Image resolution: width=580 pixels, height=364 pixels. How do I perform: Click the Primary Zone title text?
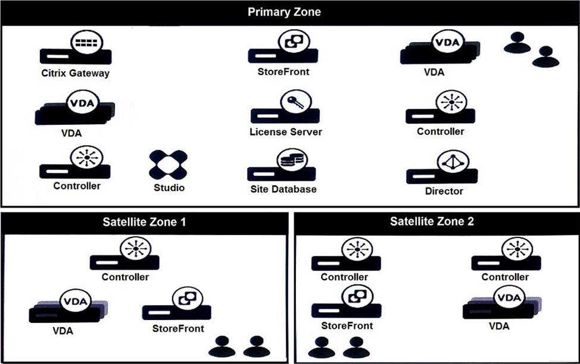[284, 12]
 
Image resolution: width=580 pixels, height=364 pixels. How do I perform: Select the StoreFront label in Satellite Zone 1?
[178, 328]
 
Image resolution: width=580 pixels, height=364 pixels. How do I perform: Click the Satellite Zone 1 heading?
[145, 222]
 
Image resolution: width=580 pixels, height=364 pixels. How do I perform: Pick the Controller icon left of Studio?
[75, 166]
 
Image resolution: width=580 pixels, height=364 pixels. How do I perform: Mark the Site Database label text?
[282, 189]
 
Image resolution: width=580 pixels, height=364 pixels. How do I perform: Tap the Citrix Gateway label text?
[76, 74]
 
